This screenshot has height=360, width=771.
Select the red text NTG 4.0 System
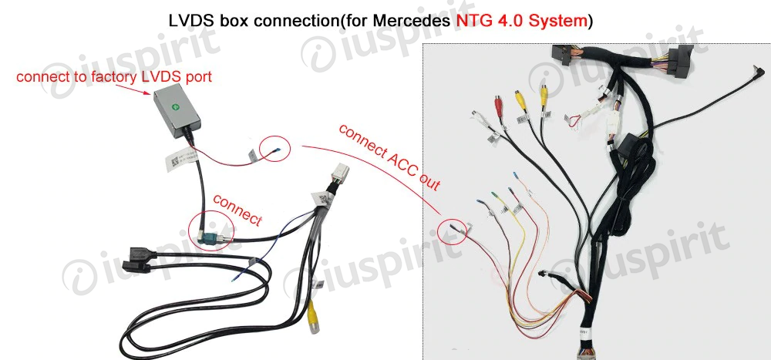point(521,21)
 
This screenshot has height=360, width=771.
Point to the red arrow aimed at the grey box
point(143,89)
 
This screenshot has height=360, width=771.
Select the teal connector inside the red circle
point(206,232)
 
